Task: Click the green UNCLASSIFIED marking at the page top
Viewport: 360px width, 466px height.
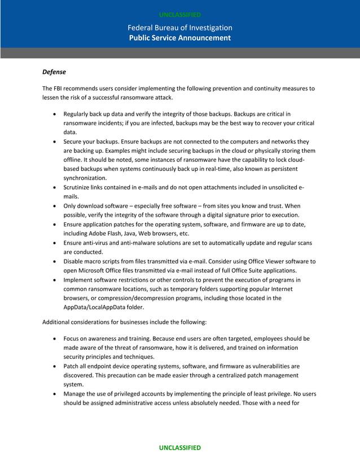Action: [x=179, y=15]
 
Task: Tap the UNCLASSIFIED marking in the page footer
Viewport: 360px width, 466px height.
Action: [x=179, y=447]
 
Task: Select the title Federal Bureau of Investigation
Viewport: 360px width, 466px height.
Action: [x=179, y=28]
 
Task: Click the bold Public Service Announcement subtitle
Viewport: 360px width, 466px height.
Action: [x=179, y=38]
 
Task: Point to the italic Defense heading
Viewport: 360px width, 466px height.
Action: [x=54, y=72]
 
